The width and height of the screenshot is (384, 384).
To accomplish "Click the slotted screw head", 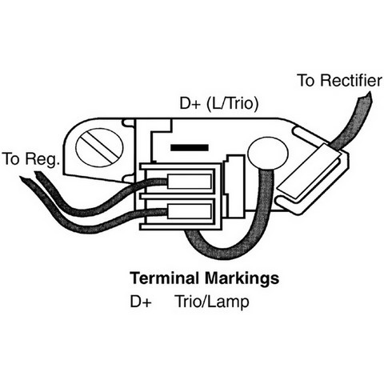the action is click(x=99, y=147).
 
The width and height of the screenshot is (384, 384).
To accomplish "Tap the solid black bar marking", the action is click(x=190, y=147).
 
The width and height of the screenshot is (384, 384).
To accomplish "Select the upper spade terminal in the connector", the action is click(x=190, y=182).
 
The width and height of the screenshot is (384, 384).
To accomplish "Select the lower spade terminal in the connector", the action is click(x=190, y=210).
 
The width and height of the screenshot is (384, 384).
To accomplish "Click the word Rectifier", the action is click(x=351, y=81).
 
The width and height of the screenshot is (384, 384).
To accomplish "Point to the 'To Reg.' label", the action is click(x=30, y=158).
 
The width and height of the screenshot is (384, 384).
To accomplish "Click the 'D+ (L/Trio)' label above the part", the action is click(x=219, y=104).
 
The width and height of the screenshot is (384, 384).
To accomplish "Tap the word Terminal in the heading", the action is click(x=165, y=278).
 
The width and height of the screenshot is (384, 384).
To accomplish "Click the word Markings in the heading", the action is click(x=242, y=278).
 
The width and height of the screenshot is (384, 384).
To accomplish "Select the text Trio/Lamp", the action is click(x=212, y=302).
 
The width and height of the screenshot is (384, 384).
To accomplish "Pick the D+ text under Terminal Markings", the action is click(x=141, y=302).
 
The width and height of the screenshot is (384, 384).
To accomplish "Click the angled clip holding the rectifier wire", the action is click(x=309, y=171).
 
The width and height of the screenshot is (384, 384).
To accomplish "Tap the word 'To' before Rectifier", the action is click(x=306, y=81).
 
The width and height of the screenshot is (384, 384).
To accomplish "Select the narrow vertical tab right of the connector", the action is click(x=234, y=186).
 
